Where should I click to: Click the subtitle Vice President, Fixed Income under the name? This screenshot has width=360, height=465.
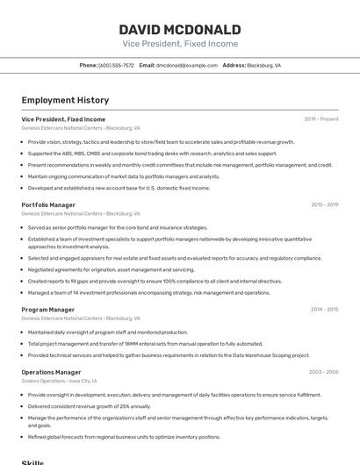tap(179, 43)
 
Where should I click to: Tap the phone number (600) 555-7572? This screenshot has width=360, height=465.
tap(117, 65)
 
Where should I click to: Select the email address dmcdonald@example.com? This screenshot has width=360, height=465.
tap(187, 65)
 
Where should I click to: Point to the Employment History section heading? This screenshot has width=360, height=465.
tap(65, 101)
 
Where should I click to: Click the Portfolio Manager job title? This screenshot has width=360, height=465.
tap(48, 204)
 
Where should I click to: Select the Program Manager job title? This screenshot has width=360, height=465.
tap(48, 310)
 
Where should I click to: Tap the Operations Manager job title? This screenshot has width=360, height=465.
tap(51, 372)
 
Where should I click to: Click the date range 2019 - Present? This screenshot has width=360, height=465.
tap(321, 118)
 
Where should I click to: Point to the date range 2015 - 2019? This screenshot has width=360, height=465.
tap(325, 204)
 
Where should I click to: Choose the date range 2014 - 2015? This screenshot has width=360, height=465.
tap(325, 310)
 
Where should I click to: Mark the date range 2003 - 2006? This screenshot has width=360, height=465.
tap(324, 372)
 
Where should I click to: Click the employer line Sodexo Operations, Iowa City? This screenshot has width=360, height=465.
tap(60, 381)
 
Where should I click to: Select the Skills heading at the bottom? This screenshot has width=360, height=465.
tap(32, 461)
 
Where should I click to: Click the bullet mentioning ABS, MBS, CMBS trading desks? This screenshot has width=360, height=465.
tap(152, 154)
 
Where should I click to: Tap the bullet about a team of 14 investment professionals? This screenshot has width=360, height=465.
tap(148, 292)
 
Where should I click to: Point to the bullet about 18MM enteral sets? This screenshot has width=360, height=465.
tap(145, 344)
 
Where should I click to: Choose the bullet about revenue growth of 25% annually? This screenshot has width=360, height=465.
tap(89, 406)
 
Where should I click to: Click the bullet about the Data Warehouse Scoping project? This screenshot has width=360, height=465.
tap(168, 355)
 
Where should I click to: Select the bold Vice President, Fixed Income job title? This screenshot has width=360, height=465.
tap(63, 118)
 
